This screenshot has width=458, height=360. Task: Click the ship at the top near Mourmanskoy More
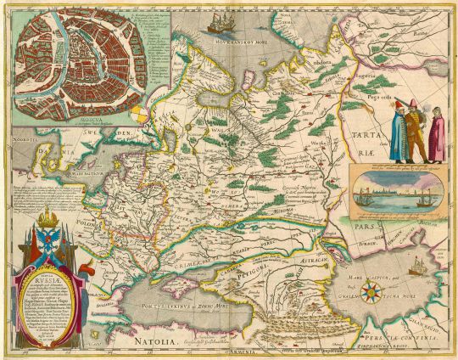[x=221, y=22]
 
